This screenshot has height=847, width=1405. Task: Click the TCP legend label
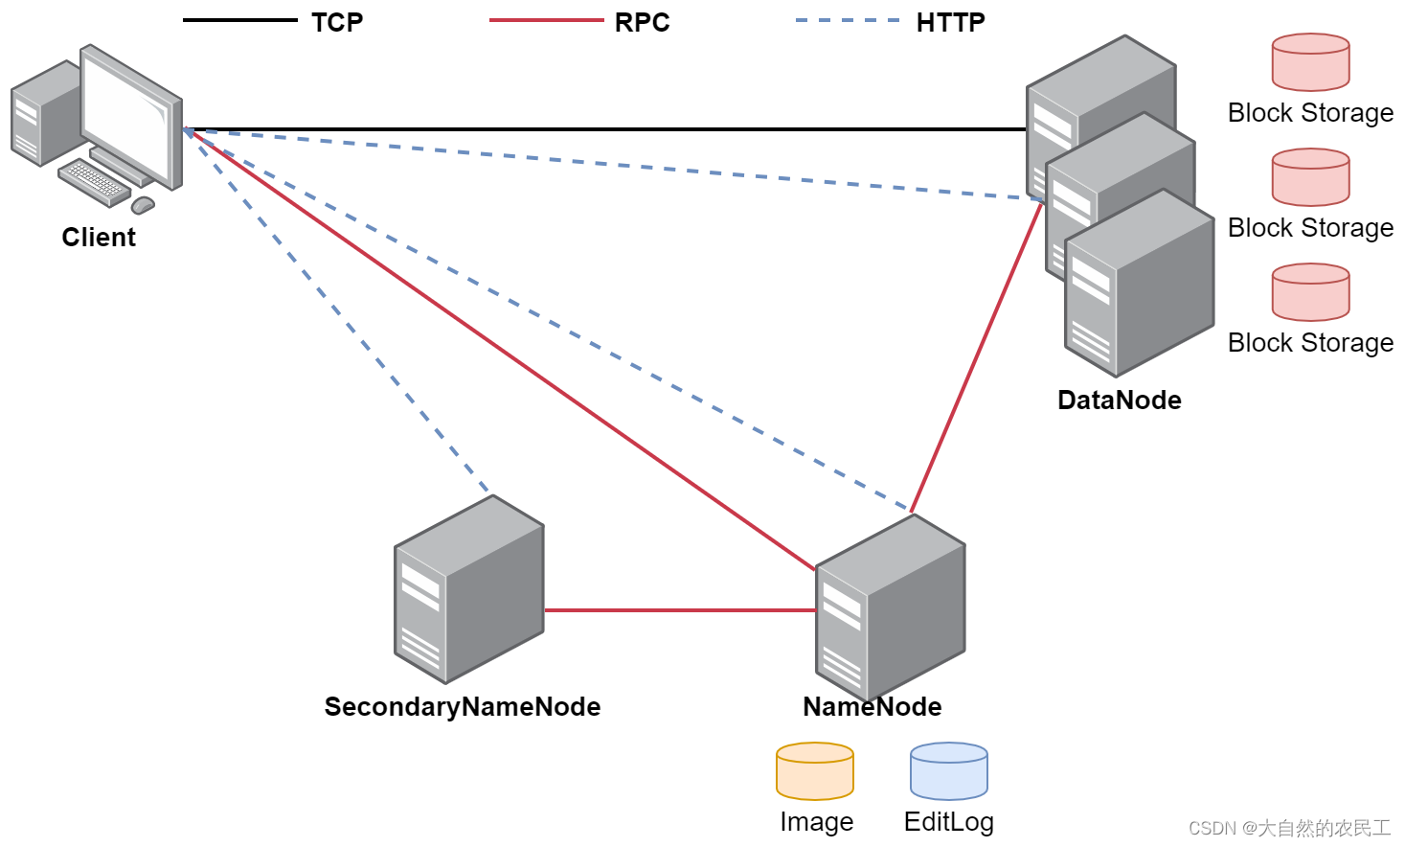(x=337, y=22)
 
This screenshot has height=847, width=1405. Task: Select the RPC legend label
(x=642, y=22)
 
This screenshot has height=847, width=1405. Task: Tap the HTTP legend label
(x=950, y=22)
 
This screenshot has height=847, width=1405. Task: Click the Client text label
(x=99, y=237)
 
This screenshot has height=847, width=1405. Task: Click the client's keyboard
(x=94, y=182)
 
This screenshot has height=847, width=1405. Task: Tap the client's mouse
(x=143, y=204)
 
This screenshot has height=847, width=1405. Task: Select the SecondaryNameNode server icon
(x=468, y=588)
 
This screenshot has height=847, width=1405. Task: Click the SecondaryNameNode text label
(x=462, y=706)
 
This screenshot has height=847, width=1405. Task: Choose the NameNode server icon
(x=890, y=607)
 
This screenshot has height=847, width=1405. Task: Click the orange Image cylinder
(x=814, y=771)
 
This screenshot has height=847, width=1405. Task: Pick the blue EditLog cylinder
(x=948, y=771)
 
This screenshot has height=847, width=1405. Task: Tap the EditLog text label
(x=948, y=822)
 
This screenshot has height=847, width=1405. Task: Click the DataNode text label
(x=1119, y=400)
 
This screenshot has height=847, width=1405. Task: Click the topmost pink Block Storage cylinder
(x=1310, y=62)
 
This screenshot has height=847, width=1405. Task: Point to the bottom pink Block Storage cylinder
(x=1310, y=292)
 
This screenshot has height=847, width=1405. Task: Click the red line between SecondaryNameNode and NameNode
(x=680, y=609)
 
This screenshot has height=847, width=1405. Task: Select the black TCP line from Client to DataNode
(x=603, y=128)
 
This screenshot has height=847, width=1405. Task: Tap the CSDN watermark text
(x=1289, y=828)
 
